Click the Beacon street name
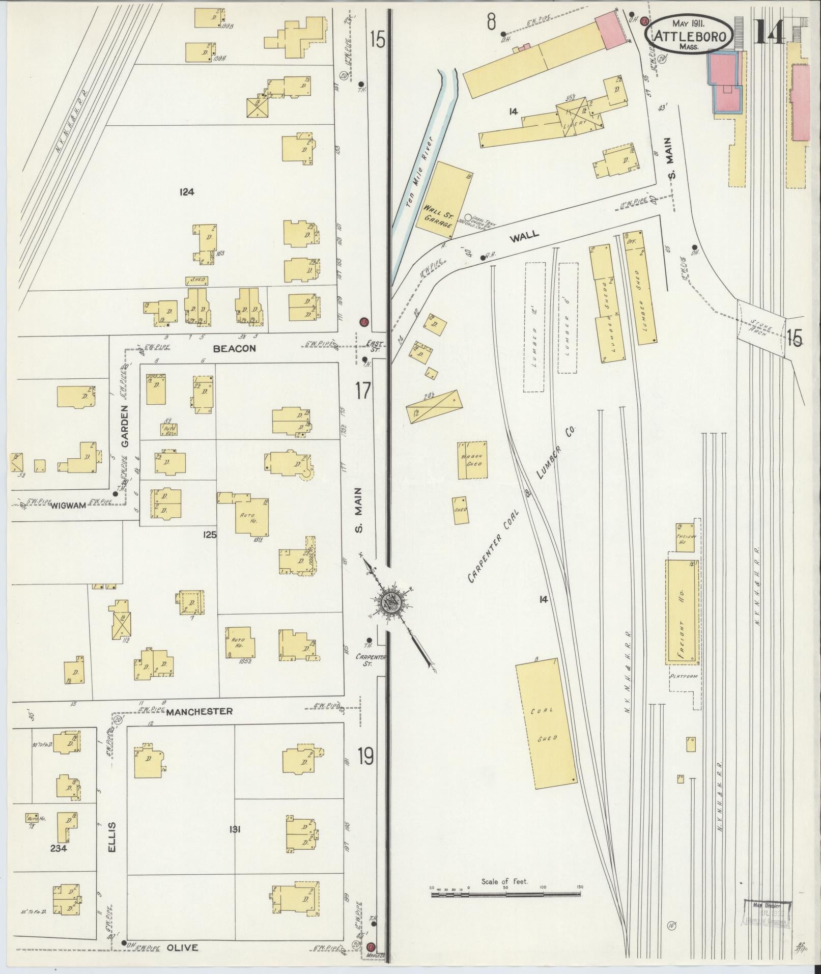(x=234, y=349)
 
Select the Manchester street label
(x=199, y=711)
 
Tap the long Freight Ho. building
(x=682, y=612)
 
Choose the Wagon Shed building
(x=472, y=460)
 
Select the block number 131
(x=235, y=829)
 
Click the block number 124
(x=186, y=192)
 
